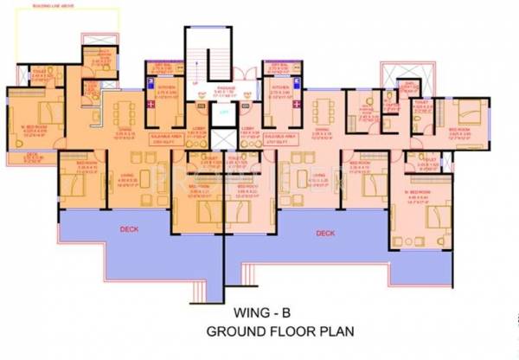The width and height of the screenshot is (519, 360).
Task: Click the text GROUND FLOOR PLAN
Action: (x=270, y=331)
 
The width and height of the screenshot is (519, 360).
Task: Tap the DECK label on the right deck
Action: (x=325, y=233)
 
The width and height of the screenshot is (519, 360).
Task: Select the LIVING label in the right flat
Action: (x=313, y=181)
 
